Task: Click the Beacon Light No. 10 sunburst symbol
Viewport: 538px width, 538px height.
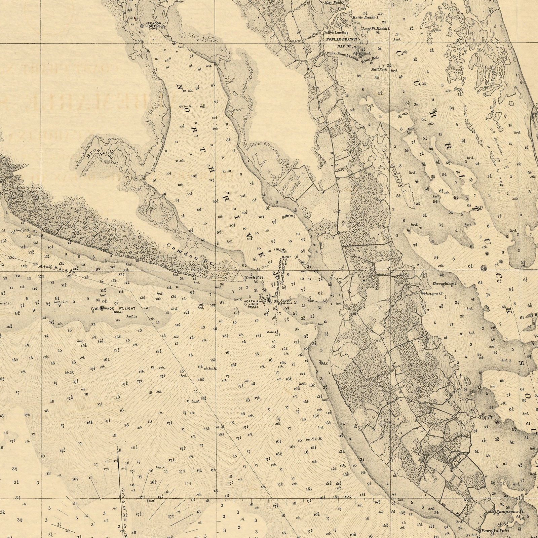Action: [x=142, y=26]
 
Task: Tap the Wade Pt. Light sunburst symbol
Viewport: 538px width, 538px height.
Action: [x=103, y=308]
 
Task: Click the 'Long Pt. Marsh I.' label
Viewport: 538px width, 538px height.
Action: [x=376, y=29]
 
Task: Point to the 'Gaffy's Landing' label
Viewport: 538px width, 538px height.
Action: [x=331, y=33]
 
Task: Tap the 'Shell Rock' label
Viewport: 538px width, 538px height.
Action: [x=379, y=70]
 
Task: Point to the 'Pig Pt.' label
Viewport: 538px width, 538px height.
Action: [x=486, y=417]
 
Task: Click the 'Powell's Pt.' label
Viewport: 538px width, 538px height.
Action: [x=493, y=531]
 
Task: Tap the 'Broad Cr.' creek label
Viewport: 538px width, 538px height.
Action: [x=99, y=153]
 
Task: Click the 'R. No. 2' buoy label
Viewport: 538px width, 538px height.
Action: [x=271, y=332]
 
